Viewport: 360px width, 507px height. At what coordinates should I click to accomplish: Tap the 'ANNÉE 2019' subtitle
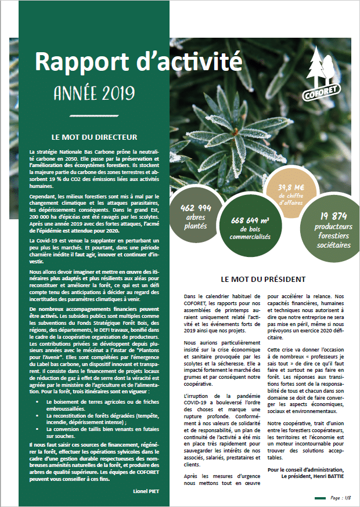click(93, 92)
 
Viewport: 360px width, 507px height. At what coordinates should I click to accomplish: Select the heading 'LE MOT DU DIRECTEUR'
click(94, 137)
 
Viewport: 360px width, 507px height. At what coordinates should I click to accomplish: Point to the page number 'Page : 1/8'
click(339, 498)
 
